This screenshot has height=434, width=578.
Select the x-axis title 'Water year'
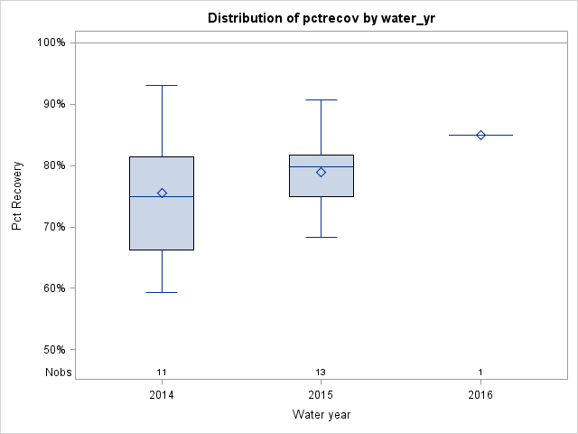321,415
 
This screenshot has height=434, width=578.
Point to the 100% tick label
51,42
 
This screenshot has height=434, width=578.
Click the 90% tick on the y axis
53,104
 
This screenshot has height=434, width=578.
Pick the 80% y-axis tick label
53,165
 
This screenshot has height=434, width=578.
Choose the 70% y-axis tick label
53,227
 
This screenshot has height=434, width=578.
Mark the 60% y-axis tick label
53,288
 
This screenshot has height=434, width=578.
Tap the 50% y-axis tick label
53,350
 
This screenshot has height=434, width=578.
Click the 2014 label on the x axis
162,395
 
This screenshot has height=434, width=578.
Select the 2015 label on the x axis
321,395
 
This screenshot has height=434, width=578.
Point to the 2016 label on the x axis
480,395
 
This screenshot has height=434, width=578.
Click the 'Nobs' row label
57,372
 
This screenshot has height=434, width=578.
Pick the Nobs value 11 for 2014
162,372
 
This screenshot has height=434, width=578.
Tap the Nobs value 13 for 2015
321,372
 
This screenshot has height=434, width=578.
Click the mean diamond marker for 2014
162,193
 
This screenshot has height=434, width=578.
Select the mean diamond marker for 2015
321,172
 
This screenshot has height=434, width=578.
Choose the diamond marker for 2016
480,135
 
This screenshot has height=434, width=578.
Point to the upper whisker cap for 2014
162,85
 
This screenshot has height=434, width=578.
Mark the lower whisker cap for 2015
321,237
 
